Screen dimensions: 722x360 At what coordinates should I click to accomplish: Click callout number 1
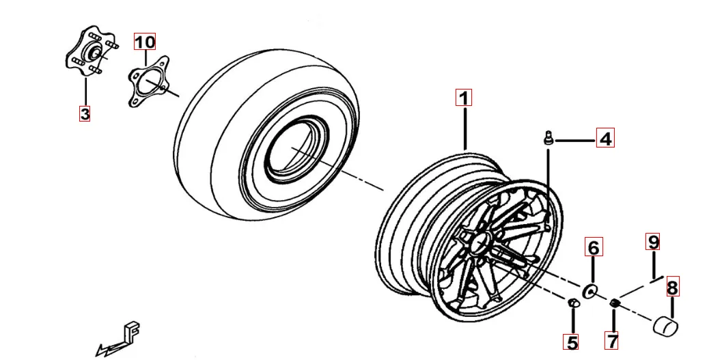[464, 98]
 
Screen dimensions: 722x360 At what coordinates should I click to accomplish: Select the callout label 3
[85, 113]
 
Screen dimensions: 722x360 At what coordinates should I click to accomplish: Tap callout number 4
[605, 138]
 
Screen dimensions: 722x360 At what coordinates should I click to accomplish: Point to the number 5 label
[571, 342]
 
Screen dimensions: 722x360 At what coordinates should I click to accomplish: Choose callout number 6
[594, 247]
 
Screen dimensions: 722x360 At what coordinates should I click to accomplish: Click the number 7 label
[612, 341]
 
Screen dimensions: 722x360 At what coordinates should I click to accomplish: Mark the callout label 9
[652, 242]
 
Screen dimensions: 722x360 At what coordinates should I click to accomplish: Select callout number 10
[145, 42]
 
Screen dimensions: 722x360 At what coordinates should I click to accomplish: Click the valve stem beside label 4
[548, 138]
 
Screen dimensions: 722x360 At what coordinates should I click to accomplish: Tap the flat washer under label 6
[589, 291]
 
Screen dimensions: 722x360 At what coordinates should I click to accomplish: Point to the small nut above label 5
[572, 303]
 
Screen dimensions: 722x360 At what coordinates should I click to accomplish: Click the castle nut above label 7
[615, 303]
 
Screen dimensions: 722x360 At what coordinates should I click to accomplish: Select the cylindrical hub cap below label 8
[665, 325]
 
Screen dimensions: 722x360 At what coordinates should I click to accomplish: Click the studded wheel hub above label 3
[92, 51]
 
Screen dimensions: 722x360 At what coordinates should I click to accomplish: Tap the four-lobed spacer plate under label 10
[148, 81]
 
